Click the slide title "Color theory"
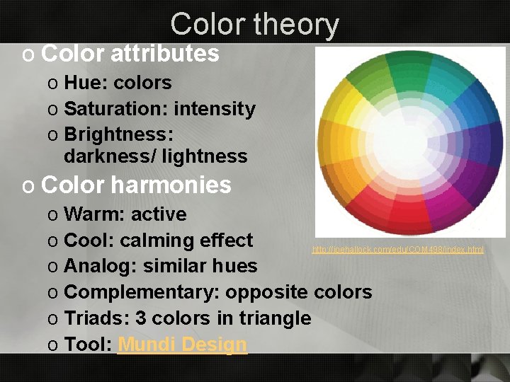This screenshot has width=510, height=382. coord(254,24)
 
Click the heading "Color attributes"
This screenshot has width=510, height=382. coord(130,53)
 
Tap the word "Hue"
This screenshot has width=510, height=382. coord(81,83)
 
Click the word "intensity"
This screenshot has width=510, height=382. coord(215,109)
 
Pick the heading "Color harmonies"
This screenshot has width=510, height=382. coord(136,185)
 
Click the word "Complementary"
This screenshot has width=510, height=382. coord(141,292)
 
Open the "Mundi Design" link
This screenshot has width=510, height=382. coord(183,345)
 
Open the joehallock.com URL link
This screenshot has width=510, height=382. coord(398,250)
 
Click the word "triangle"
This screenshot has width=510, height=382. coord(277,318)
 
